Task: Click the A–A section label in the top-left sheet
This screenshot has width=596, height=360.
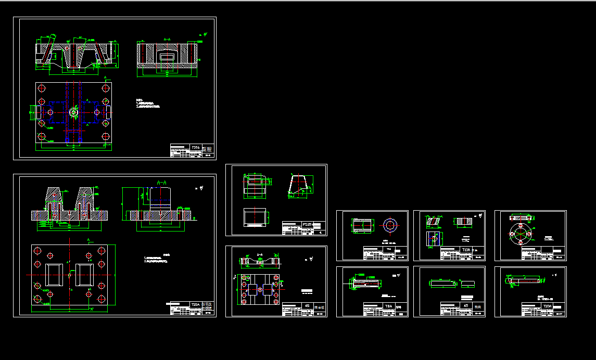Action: click(167, 39)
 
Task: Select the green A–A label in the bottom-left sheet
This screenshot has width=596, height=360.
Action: click(161, 183)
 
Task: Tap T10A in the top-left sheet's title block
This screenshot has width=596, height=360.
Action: click(196, 148)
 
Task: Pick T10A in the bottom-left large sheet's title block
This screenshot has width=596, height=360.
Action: click(195, 304)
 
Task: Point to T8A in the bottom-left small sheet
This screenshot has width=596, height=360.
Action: click(388, 306)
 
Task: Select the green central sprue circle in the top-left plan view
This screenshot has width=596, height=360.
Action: click(73, 112)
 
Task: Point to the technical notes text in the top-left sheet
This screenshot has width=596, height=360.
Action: click(148, 104)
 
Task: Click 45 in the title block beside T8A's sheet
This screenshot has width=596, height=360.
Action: click(466, 306)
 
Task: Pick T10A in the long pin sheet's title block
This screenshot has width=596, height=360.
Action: click(547, 306)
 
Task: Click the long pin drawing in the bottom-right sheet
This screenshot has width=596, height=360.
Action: click(526, 281)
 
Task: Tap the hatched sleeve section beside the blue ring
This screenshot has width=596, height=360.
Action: click(362, 225)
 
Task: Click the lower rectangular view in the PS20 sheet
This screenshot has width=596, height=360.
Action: click(255, 218)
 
